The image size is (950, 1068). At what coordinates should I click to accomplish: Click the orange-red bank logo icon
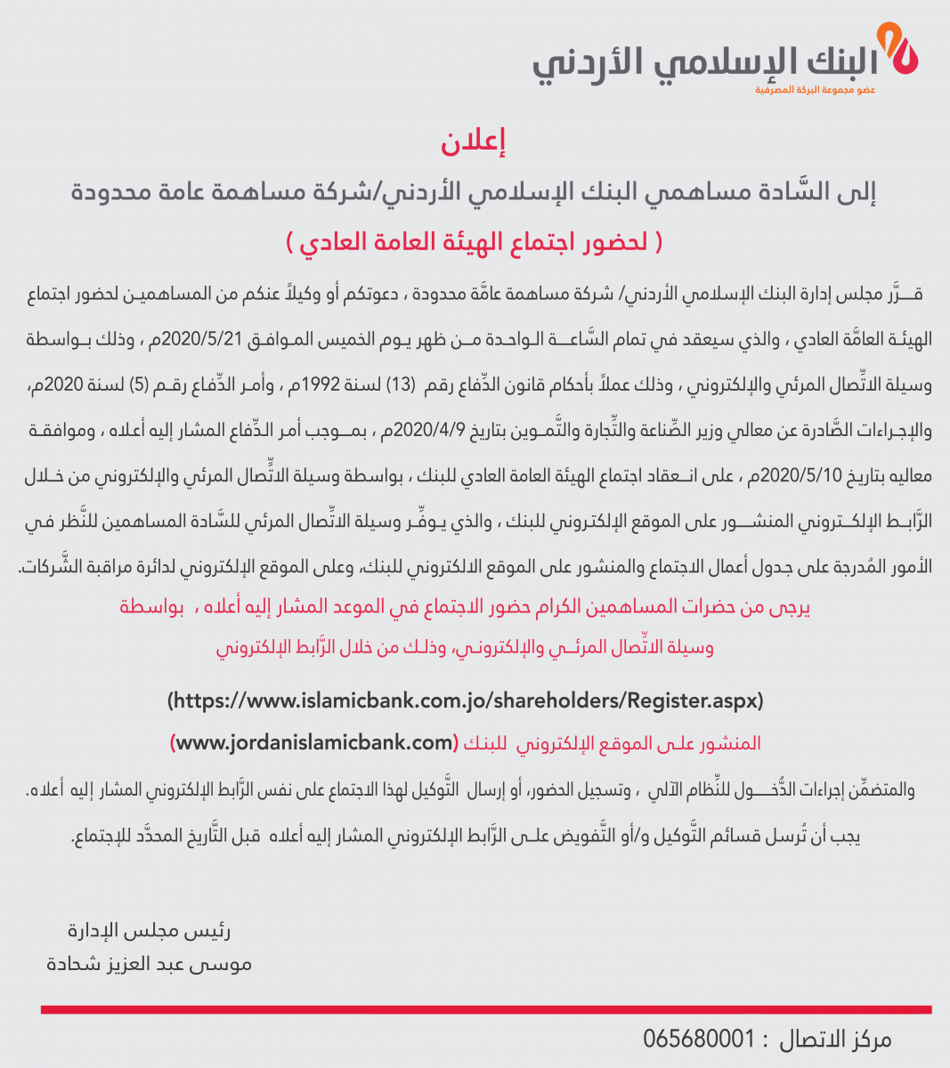[x=898, y=53]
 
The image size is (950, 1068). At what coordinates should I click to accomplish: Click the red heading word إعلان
[x=473, y=142]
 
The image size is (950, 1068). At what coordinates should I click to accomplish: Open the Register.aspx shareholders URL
[x=466, y=700]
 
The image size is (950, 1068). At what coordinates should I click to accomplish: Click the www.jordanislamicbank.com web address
[x=313, y=742]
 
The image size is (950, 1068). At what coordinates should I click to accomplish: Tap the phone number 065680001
[x=699, y=1039]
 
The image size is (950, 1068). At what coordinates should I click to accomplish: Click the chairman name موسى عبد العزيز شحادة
[x=150, y=963]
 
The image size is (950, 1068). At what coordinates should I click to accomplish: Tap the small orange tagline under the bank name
[x=815, y=91]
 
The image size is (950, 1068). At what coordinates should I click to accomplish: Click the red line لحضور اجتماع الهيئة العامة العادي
[x=475, y=242]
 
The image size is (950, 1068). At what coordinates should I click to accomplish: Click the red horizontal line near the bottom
[x=486, y=1009]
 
